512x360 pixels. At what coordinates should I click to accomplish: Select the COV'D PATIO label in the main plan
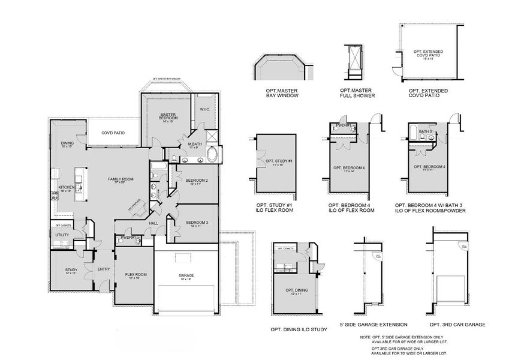pos(113,133)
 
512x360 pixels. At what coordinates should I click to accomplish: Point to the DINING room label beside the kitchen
pos(67,143)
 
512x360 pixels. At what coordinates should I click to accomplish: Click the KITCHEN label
pos(66,188)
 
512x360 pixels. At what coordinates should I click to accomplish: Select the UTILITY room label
pos(62,235)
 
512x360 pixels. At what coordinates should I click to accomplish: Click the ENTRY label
pos(104,269)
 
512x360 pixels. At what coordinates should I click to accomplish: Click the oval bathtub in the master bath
pos(212,157)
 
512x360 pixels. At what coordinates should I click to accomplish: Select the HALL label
pos(153,223)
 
